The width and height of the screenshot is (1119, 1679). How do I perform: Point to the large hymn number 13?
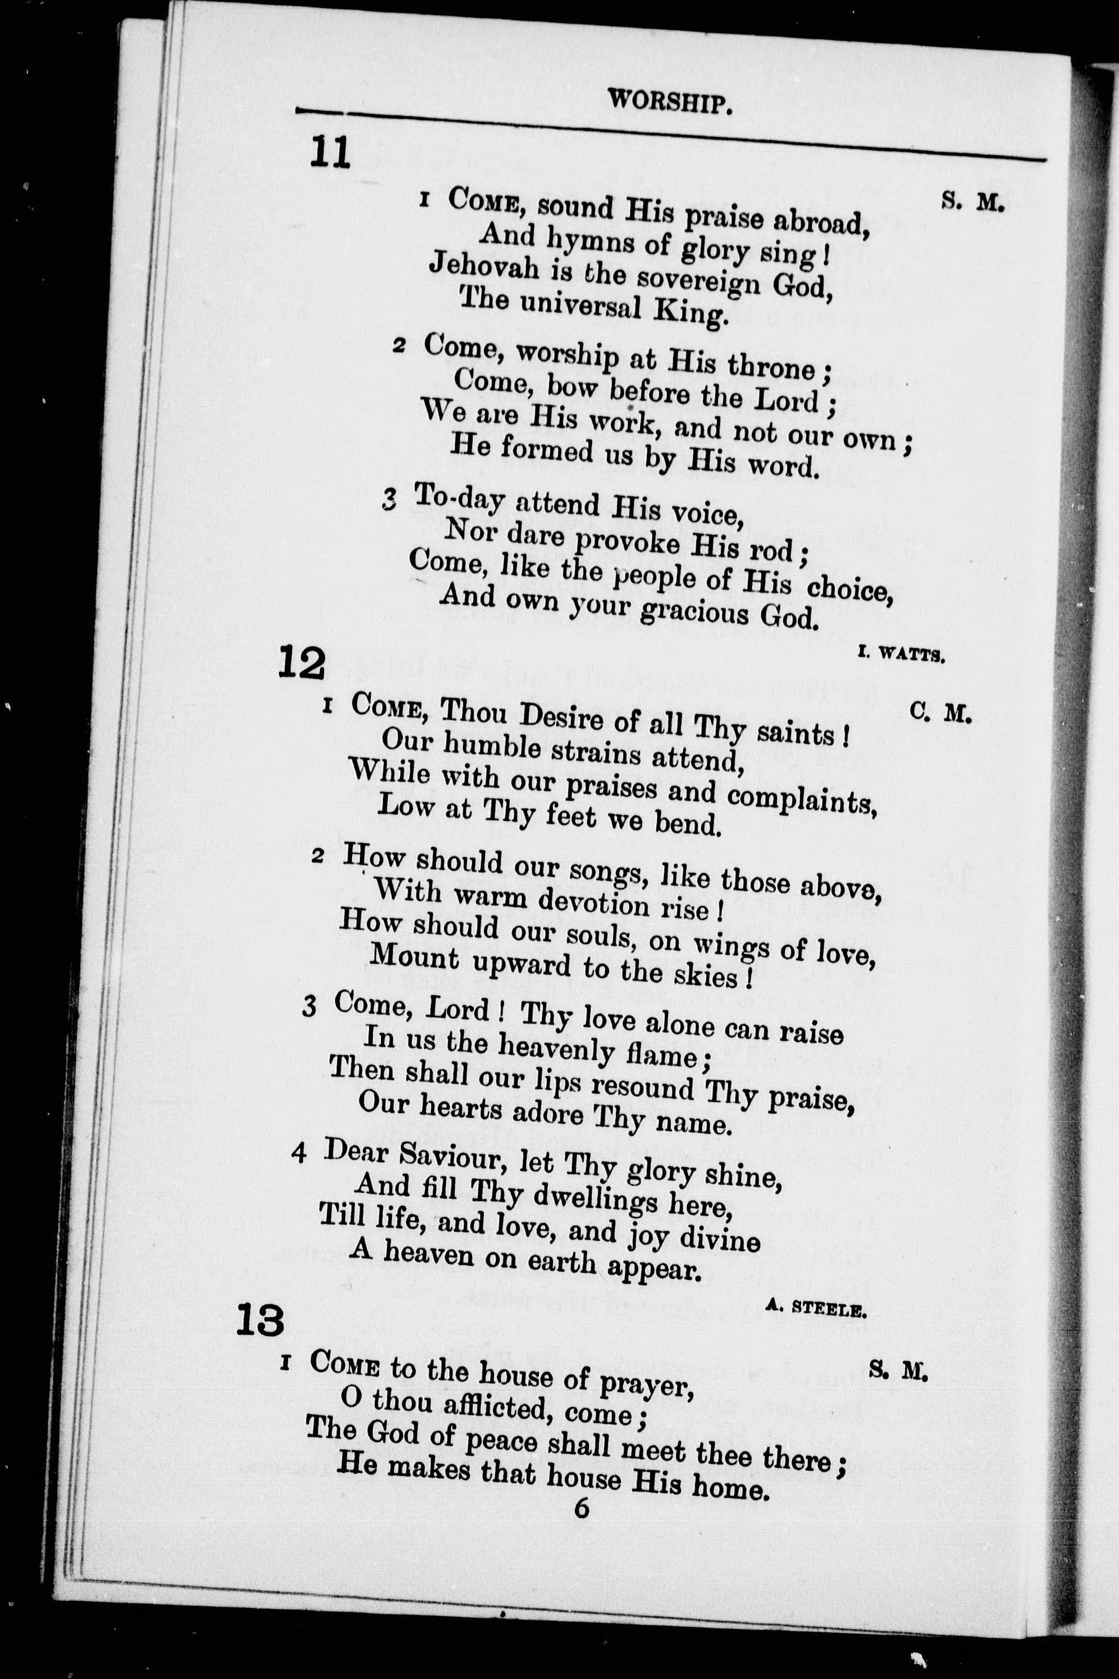tap(260, 1320)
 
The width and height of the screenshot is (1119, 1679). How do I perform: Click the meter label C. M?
tap(941, 713)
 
